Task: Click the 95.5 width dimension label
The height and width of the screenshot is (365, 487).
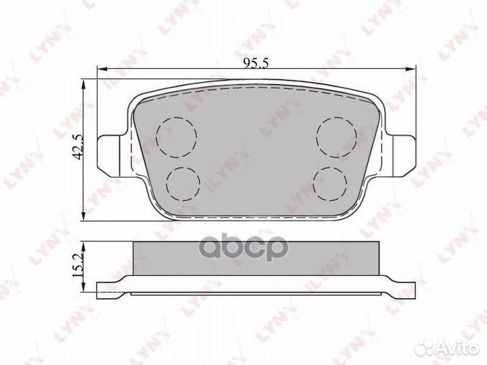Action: (256, 63)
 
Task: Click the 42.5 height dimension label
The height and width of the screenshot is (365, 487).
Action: (79, 147)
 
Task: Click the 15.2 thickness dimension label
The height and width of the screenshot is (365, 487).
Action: (78, 265)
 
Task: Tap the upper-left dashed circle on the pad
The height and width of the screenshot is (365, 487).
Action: (177, 137)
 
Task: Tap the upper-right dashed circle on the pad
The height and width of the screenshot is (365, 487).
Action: (337, 137)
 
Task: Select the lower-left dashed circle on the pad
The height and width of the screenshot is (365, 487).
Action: (183, 184)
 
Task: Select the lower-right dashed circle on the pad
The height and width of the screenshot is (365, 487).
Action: (330, 184)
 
